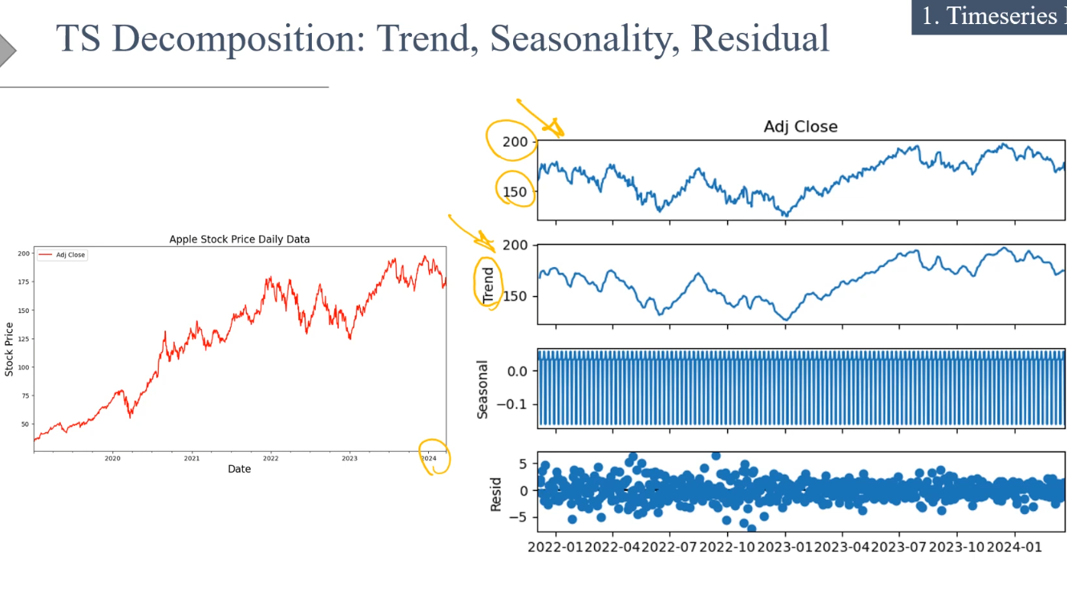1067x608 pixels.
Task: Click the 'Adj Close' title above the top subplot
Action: (x=800, y=127)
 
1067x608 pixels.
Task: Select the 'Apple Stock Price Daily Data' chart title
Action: (x=239, y=239)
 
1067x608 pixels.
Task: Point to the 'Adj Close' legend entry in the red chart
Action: (x=70, y=255)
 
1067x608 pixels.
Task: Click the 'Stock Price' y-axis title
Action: (x=10, y=349)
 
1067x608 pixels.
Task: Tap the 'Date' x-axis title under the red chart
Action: (x=239, y=468)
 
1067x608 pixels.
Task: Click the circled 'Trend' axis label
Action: (x=488, y=286)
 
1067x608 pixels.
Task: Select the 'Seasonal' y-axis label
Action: (x=483, y=389)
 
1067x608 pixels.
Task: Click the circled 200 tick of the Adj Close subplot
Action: (x=515, y=142)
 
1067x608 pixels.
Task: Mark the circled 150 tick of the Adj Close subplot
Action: (x=515, y=192)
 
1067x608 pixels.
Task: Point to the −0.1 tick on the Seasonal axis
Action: (x=511, y=404)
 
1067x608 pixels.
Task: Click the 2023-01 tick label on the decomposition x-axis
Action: (x=785, y=547)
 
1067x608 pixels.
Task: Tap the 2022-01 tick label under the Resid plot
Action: (x=555, y=547)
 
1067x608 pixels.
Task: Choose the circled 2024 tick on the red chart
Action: (x=429, y=459)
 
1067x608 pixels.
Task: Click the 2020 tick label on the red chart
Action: (x=112, y=459)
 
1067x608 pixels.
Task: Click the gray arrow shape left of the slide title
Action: (x=7, y=50)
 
